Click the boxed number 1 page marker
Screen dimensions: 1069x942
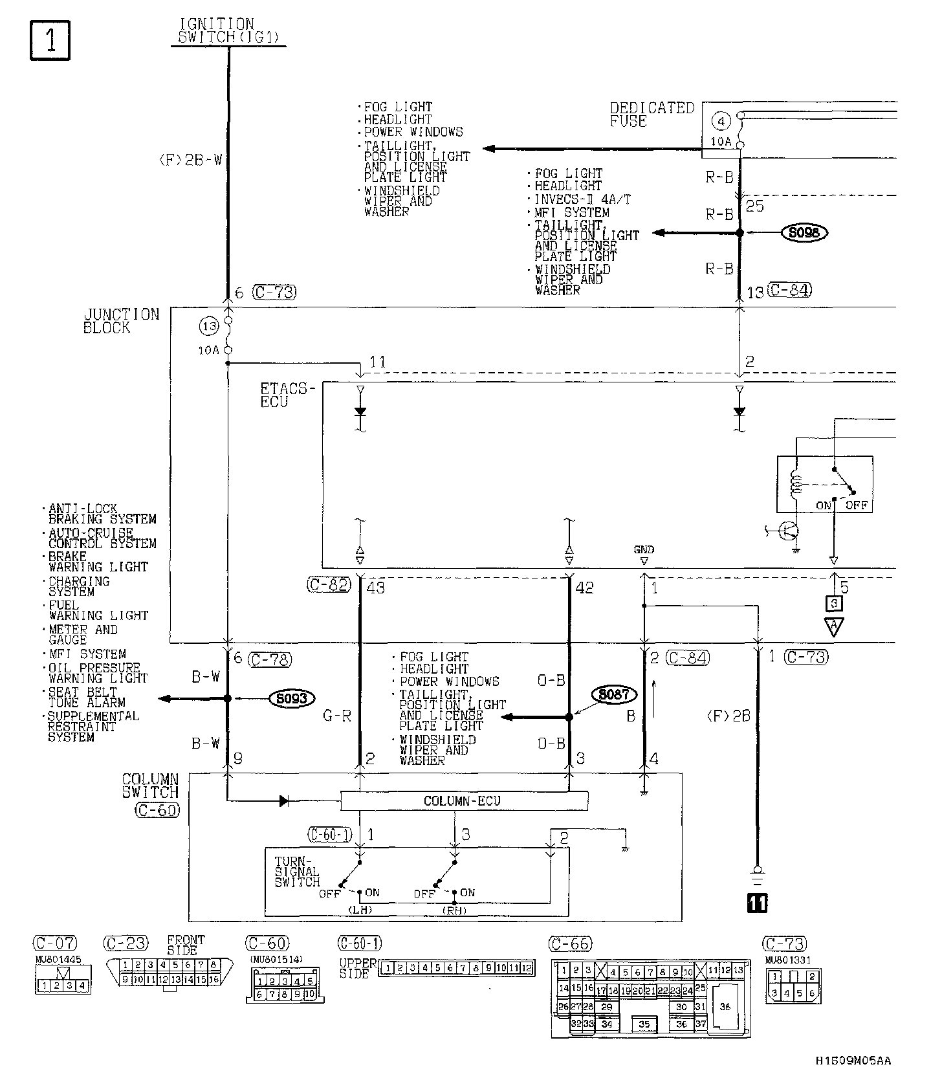50,41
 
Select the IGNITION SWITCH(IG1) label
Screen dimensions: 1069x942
226,31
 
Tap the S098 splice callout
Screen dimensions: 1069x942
804,232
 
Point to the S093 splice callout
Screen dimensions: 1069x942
292,698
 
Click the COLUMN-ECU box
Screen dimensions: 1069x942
463,801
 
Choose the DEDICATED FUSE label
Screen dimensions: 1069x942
651,115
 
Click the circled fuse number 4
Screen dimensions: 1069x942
722,121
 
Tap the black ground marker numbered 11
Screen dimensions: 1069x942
757,903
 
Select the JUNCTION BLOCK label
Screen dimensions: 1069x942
121,321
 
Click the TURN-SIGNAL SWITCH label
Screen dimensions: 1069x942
297,872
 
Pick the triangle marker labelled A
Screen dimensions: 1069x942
834,626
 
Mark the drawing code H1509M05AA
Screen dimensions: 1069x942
852,1060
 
